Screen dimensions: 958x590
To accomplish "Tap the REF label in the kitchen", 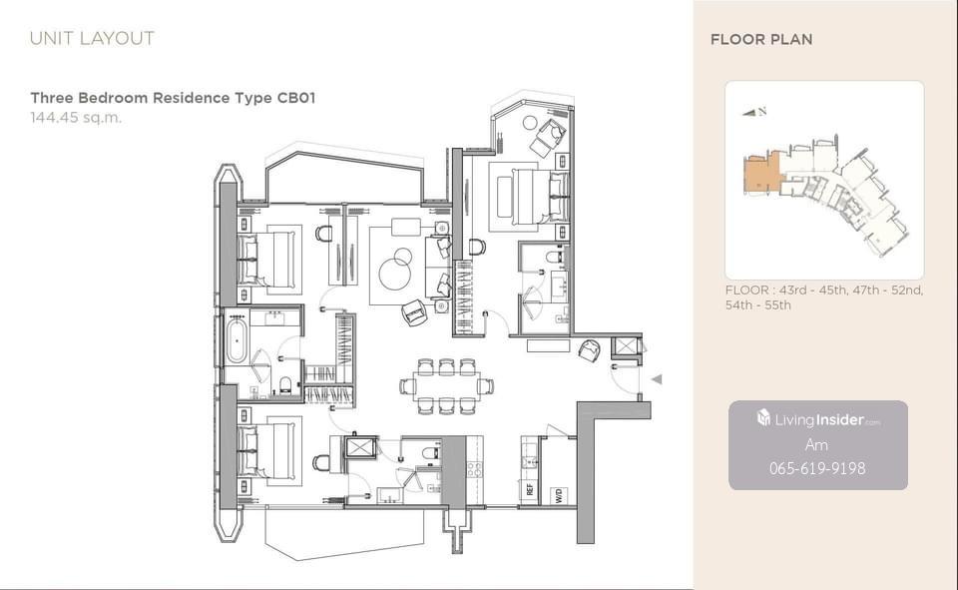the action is tap(529, 490).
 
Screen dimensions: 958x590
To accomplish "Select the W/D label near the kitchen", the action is tap(559, 494).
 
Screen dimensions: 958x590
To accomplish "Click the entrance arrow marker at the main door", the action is tap(657, 379).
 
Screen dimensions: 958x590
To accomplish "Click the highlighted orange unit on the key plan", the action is tap(760, 175).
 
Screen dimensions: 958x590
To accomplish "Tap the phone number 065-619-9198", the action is tap(817, 468).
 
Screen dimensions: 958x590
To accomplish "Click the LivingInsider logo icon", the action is tap(763, 417).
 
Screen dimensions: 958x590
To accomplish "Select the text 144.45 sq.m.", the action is tap(77, 118).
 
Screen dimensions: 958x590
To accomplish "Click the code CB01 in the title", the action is tap(296, 98).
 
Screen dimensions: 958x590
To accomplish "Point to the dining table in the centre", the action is tap(446, 385).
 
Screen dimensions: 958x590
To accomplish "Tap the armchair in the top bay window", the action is tap(549, 137).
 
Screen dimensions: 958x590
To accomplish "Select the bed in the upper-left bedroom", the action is tap(268, 260).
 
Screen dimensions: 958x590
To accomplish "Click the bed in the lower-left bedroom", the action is tap(268, 451).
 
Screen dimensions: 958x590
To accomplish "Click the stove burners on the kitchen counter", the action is tap(475, 469).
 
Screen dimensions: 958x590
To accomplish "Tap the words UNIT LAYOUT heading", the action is tap(92, 39).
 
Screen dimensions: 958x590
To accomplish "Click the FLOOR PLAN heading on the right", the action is tap(761, 40).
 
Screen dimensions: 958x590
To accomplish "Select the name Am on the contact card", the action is tap(816, 444).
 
